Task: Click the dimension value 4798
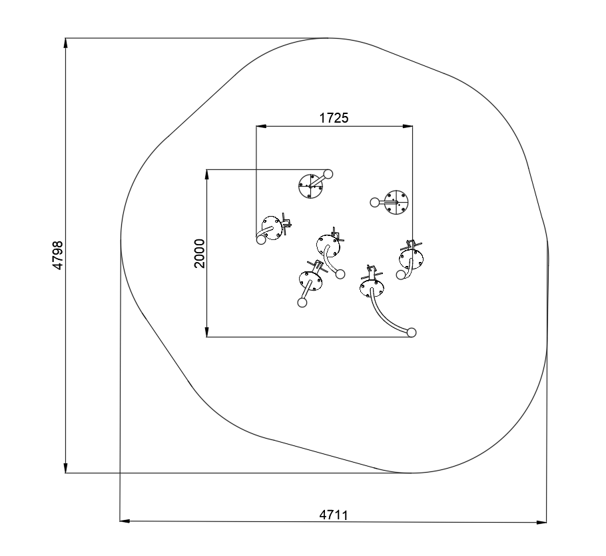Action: tap(57, 255)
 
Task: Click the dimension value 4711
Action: tap(334, 515)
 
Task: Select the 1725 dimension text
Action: tap(334, 117)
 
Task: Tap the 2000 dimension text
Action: tap(199, 253)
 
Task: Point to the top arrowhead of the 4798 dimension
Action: tap(66, 43)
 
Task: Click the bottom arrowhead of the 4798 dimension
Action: tap(66, 468)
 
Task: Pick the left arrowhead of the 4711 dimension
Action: tap(125, 521)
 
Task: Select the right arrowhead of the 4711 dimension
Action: tap(542, 522)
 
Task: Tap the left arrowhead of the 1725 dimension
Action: tap(261, 126)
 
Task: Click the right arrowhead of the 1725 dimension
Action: tap(408, 126)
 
